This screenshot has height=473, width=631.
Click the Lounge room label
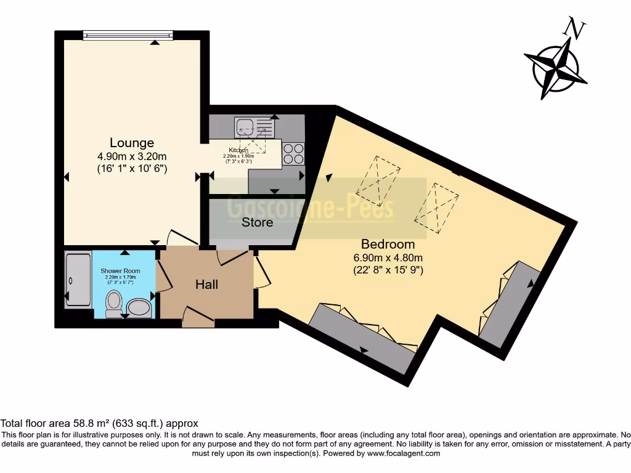click(x=131, y=144)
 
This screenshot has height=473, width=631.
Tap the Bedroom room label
click(x=388, y=244)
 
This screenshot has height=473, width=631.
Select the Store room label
click(x=257, y=222)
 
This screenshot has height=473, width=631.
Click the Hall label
click(x=206, y=285)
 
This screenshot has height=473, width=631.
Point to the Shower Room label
click(x=120, y=271)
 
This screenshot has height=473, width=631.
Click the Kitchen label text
click(x=238, y=150)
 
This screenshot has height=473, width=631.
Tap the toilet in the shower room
click(x=113, y=304)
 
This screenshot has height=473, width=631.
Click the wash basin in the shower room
click(x=139, y=307)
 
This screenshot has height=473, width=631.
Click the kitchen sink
click(x=253, y=128)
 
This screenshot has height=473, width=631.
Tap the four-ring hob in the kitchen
click(x=293, y=153)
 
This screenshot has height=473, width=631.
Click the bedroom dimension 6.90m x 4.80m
click(x=388, y=257)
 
